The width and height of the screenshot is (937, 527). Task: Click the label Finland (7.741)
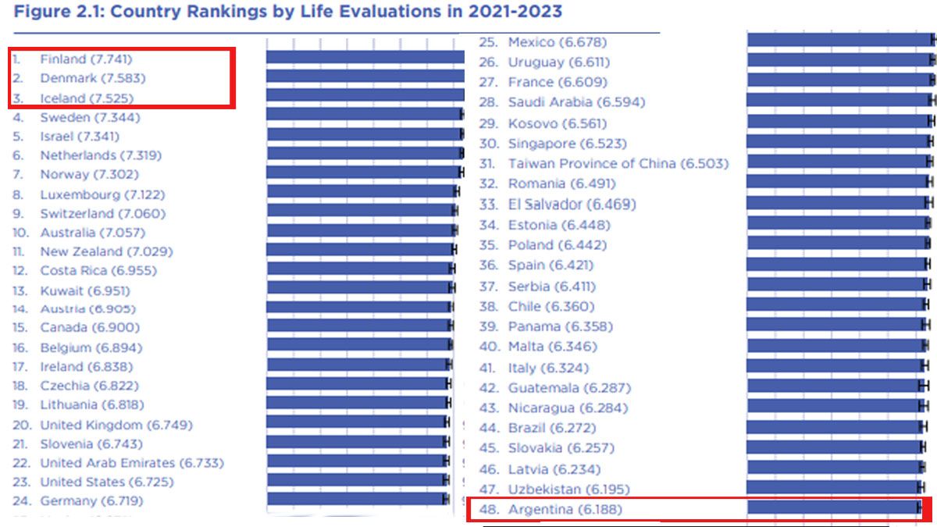[86, 59]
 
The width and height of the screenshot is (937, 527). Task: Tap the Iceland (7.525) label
[87, 98]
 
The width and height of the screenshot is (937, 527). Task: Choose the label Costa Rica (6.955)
[98, 271]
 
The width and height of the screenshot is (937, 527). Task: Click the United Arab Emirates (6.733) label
[132, 463]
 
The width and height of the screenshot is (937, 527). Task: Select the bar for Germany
[358, 499]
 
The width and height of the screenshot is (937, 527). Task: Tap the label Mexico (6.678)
[557, 42]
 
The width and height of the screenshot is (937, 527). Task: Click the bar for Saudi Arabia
[840, 101]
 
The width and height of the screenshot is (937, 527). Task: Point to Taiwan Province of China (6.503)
[618, 164]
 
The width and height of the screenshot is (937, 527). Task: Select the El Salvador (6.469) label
[572, 205]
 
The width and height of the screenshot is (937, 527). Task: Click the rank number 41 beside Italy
[488, 368]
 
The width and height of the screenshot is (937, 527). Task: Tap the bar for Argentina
[835, 507]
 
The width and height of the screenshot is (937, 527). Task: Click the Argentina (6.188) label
[565, 511]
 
